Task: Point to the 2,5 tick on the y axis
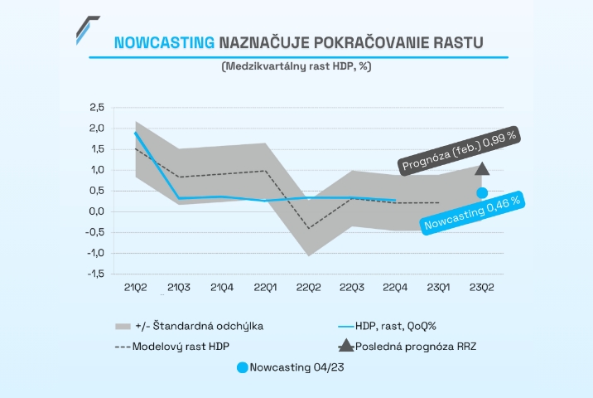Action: point(97,108)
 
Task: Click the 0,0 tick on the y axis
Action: point(97,211)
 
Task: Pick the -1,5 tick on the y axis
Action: point(95,274)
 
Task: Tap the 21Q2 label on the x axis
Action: point(135,287)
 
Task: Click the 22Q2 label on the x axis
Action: point(308,287)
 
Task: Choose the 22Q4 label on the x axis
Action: point(395,287)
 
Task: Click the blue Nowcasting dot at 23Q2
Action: point(482,192)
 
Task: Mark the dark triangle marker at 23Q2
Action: point(482,168)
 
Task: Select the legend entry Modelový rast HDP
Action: point(176,344)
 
